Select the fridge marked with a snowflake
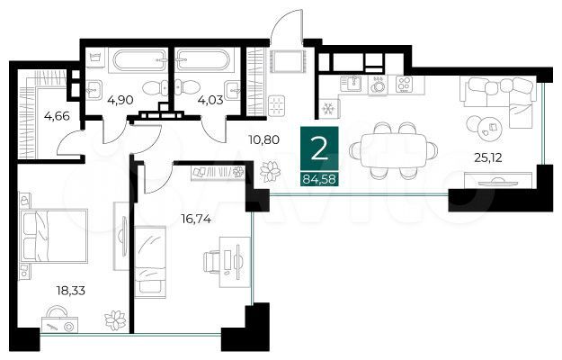point(328,108)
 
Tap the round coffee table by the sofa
point(486,126)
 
